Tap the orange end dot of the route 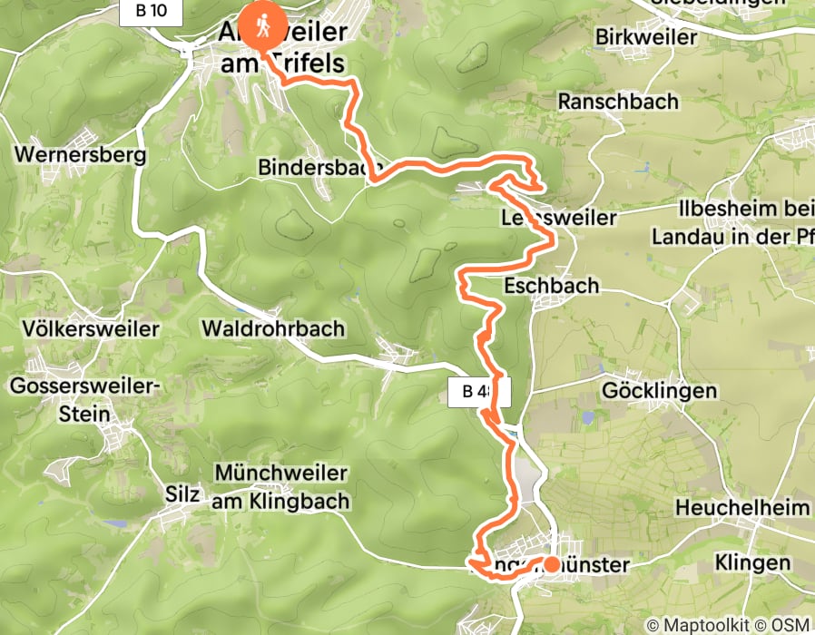click(551, 564)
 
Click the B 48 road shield click(479, 392)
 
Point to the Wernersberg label click(81, 154)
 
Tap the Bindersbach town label click(317, 168)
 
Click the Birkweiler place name click(647, 37)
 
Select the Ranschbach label click(619, 101)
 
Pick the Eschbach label click(554, 286)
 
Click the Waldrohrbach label click(274, 327)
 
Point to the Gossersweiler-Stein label click(85, 400)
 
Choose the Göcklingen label click(660, 391)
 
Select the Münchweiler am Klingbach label click(282, 487)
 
